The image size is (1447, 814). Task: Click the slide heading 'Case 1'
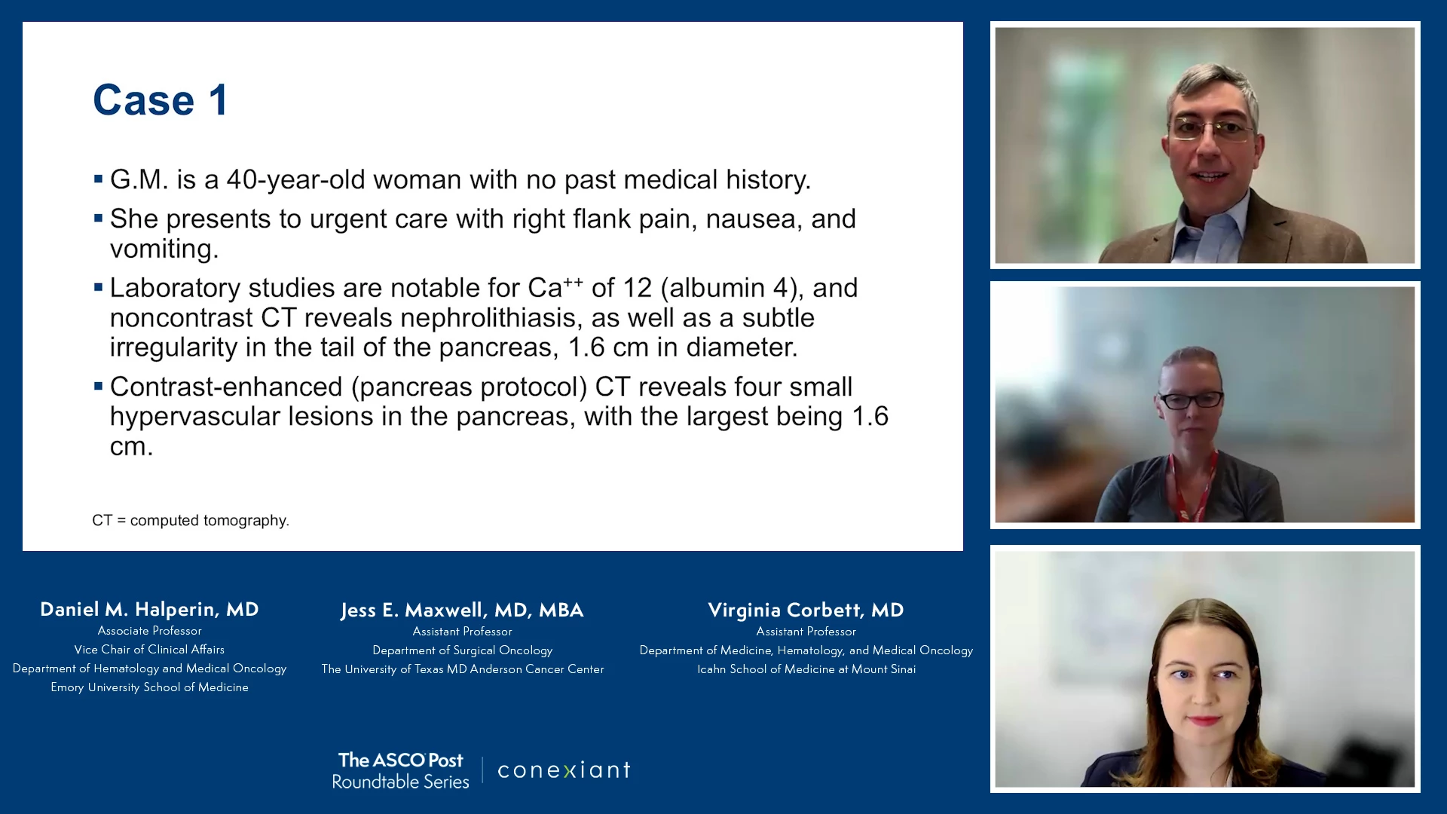click(x=160, y=100)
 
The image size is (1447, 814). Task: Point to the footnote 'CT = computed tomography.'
click(x=191, y=521)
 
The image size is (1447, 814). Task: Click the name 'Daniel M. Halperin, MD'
click(x=149, y=609)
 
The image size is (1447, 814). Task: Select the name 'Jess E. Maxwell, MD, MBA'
click(x=462, y=610)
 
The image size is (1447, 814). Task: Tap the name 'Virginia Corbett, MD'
click(x=806, y=610)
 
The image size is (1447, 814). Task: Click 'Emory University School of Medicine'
click(x=149, y=687)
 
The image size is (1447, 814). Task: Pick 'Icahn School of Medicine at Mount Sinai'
click(x=806, y=669)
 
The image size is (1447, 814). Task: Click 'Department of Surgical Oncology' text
click(x=462, y=650)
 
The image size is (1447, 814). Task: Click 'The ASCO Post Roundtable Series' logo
click(x=400, y=770)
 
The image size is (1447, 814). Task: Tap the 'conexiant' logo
click(x=564, y=770)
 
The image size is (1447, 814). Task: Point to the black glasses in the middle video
click(x=1190, y=400)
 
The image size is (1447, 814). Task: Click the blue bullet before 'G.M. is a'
click(x=98, y=179)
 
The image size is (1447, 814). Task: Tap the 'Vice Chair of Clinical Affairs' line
click(x=149, y=650)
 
